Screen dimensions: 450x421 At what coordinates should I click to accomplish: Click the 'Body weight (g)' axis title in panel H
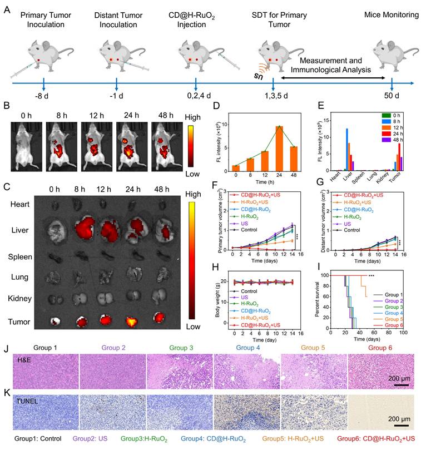(221, 301)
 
